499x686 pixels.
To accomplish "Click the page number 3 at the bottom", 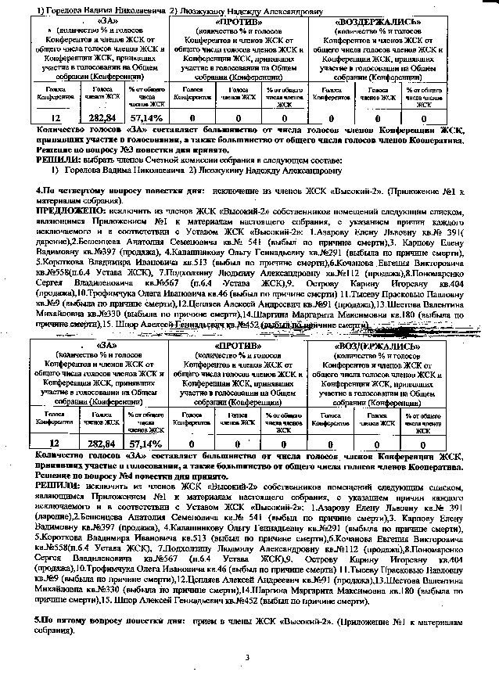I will [x=246, y=657].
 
